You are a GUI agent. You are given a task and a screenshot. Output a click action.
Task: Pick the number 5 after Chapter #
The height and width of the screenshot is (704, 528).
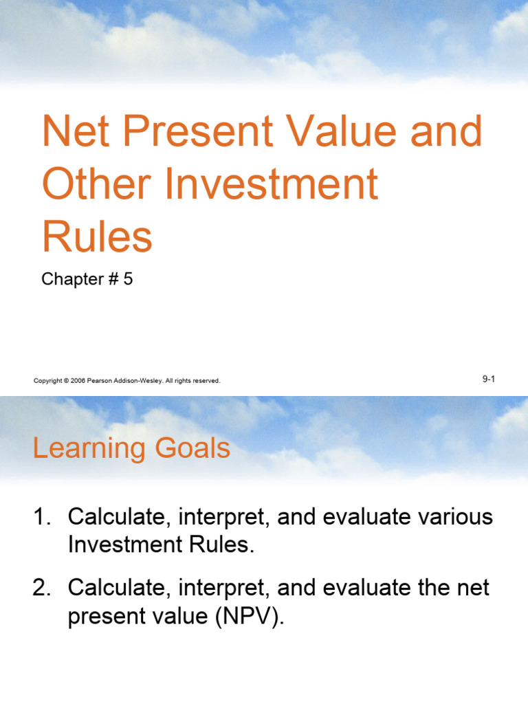(x=128, y=279)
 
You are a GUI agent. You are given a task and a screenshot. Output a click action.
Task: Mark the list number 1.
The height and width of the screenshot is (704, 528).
(x=40, y=517)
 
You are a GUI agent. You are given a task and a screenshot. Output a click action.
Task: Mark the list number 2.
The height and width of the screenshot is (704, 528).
(x=40, y=588)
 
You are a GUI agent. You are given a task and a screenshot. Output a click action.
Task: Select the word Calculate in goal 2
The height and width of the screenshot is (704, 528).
(x=113, y=588)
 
